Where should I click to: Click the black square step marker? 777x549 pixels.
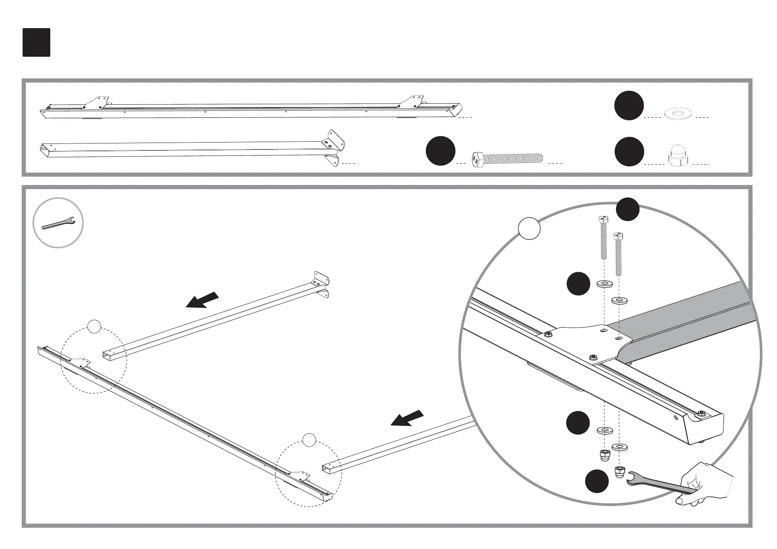click(x=36, y=42)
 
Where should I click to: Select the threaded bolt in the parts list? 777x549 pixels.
click(x=508, y=160)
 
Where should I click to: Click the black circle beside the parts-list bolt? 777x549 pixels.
click(x=440, y=150)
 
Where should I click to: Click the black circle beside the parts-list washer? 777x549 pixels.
click(x=629, y=106)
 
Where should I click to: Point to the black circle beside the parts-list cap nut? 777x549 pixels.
click(x=629, y=151)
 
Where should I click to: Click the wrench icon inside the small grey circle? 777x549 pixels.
click(x=58, y=223)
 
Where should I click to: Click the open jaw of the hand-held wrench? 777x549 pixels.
click(x=632, y=478)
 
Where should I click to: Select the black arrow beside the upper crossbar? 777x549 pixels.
click(x=202, y=299)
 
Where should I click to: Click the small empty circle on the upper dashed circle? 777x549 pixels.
click(x=94, y=326)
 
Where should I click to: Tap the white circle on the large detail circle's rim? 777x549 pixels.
click(x=529, y=228)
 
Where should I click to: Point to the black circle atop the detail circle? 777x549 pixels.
click(x=628, y=209)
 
